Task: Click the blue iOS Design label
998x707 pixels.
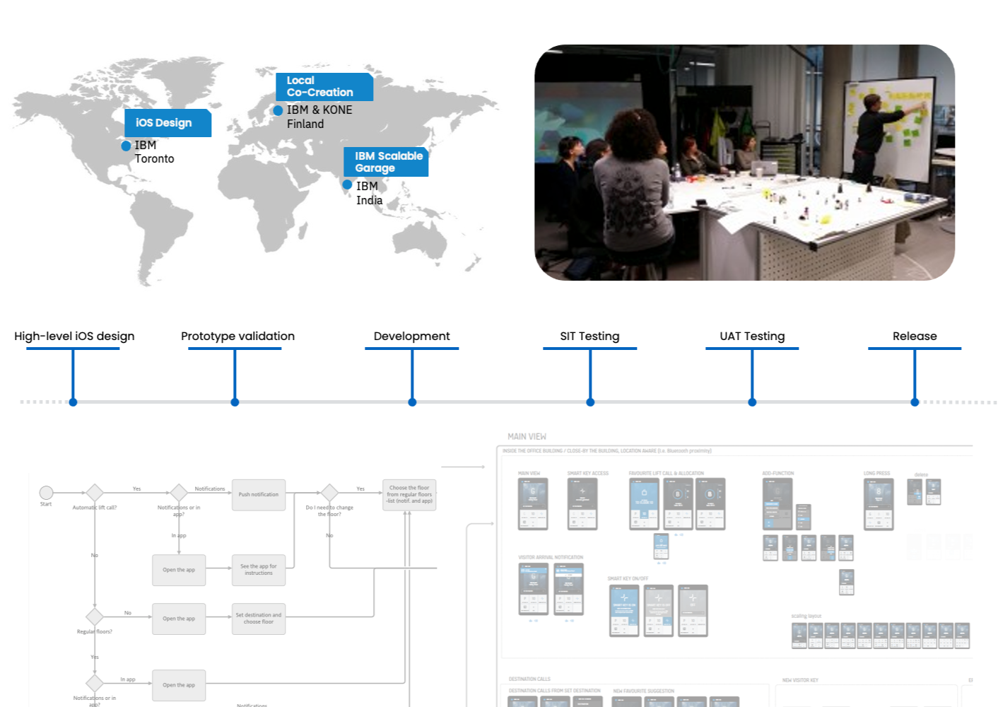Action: pos(167,123)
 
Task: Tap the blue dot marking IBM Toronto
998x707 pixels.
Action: pos(126,146)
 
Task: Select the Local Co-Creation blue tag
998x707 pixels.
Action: pos(323,87)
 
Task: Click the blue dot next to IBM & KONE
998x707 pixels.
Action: pos(278,110)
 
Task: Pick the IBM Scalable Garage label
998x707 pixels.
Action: pos(386,162)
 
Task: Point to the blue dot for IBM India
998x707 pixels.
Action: pos(347,185)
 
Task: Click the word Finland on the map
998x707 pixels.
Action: pos(305,124)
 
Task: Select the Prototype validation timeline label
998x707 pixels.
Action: pos(237,337)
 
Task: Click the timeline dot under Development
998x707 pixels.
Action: pos(412,402)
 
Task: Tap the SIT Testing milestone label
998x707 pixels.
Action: pos(589,337)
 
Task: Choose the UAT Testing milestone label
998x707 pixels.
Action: pos(752,337)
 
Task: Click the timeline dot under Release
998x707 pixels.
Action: pos(915,402)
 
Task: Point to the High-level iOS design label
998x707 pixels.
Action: pos(74,337)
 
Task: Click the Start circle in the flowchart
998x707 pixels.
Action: pos(46,493)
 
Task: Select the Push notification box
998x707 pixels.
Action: pos(259,495)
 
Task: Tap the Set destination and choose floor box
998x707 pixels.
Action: pos(259,619)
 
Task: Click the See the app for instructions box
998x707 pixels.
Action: pos(259,570)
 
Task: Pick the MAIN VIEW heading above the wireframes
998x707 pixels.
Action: pos(527,437)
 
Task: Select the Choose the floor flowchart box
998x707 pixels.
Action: pos(409,495)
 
